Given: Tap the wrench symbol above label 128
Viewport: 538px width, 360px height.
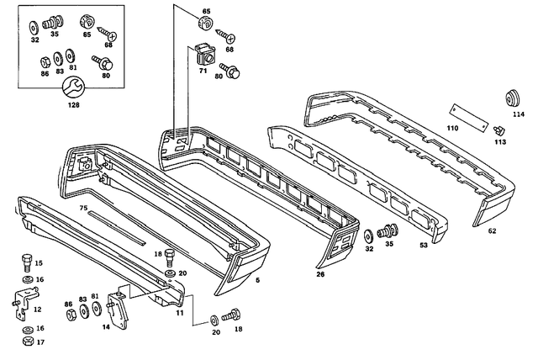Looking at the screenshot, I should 73,86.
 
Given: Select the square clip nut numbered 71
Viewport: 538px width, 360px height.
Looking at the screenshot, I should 202,56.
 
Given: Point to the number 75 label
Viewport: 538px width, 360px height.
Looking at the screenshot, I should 83,207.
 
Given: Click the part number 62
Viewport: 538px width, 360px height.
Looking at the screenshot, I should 493,230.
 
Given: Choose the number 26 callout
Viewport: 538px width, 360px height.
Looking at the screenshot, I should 320,274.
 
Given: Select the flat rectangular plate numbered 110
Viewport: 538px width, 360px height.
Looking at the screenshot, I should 467,115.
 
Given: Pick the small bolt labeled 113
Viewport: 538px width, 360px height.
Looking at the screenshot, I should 499,130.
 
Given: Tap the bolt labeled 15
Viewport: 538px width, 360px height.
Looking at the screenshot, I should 26,262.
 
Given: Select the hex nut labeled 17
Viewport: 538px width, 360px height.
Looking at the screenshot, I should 27,341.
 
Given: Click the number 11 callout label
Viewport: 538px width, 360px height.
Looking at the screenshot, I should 179,312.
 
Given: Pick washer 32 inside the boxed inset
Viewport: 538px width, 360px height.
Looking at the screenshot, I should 34,24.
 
